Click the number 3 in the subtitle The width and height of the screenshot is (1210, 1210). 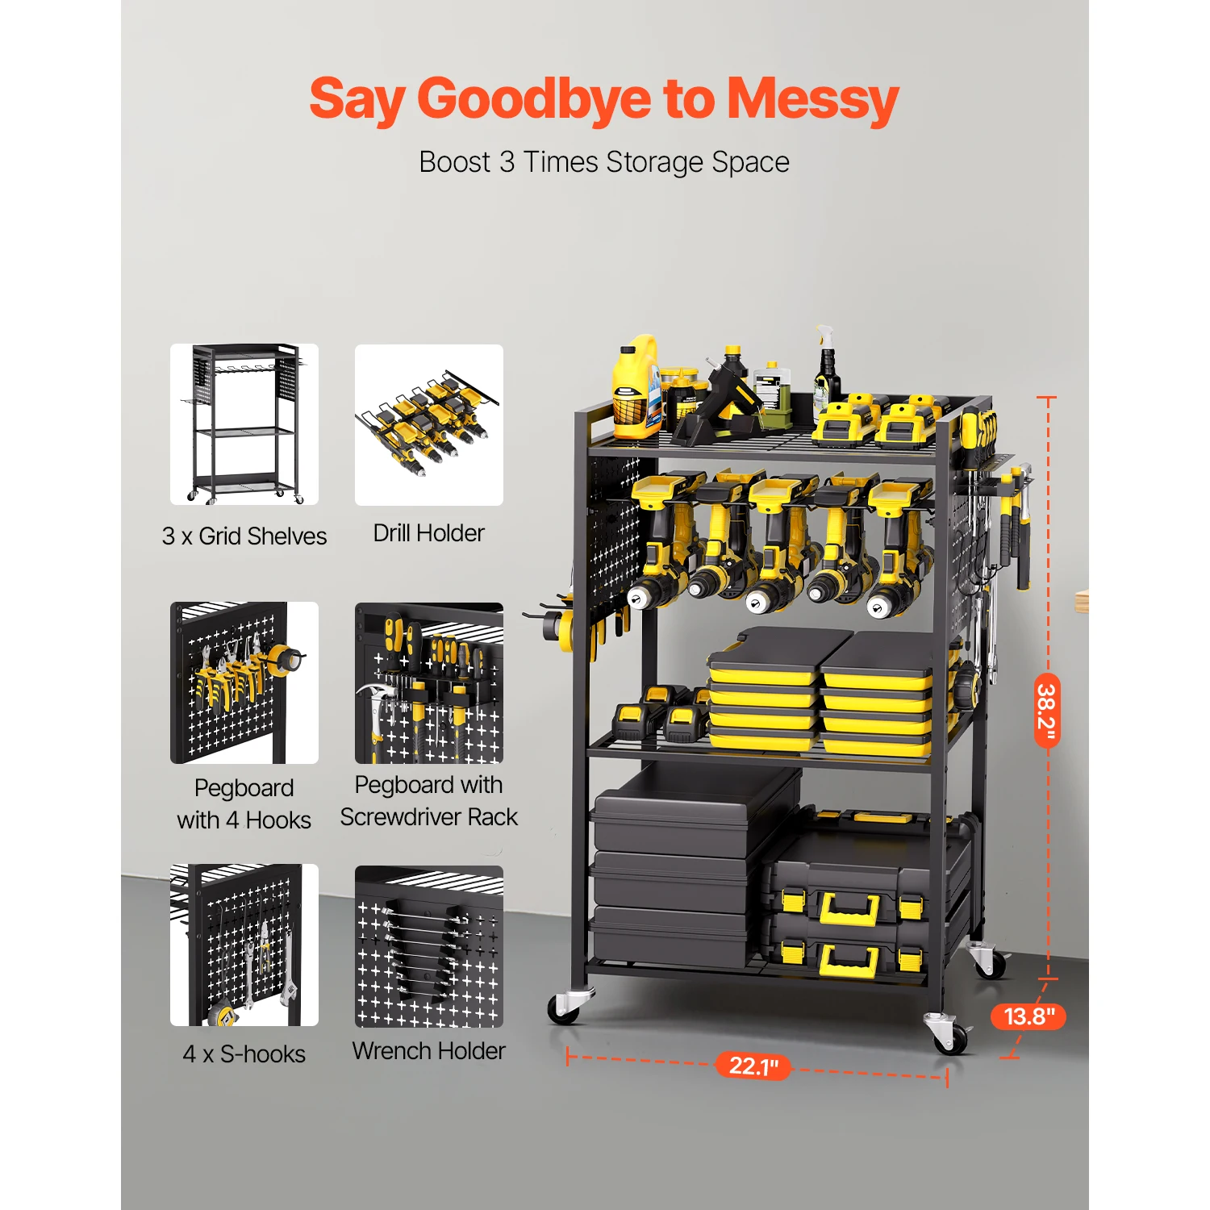(x=507, y=162)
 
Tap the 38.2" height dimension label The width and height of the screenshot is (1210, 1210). (x=1046, y=710)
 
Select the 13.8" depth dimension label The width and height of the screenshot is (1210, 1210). (x=1028, y=1016)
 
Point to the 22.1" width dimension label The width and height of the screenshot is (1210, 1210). (x=753, y=1066)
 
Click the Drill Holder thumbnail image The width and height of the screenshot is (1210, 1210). (x=429, y=425)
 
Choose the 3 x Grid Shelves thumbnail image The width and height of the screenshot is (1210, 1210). (x=244, y=425)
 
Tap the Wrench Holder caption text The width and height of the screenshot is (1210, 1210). (x=429, y=1051)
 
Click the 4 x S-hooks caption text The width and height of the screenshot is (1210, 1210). (x=244, y=1054)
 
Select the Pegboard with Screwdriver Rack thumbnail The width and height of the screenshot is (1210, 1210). (x=429, y=683)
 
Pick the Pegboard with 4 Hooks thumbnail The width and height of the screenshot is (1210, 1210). (x=244, y=683)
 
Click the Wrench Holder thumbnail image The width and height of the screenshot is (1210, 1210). (x=429, y=946)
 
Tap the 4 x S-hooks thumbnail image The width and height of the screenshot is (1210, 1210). (x=244, y=945)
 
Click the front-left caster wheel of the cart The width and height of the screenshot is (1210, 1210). (x=565, y=1007)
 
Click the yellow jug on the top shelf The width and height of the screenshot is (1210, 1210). (x=635, y=387)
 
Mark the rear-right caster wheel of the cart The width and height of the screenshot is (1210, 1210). (x=989, y=962)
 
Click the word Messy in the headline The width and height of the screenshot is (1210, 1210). (x=812, y=99)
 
